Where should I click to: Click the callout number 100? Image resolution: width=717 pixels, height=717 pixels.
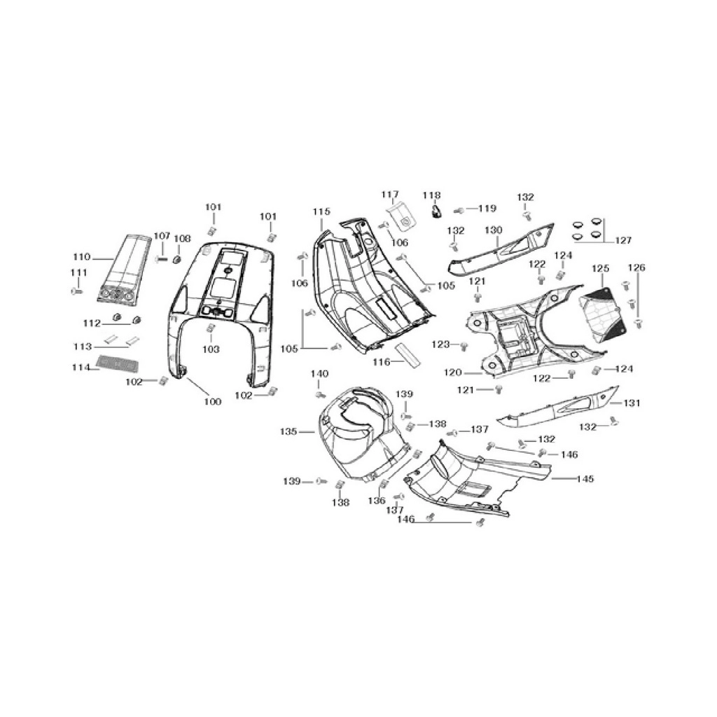pyautogui.click(x=212, y=401)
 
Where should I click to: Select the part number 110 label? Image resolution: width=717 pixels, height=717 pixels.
pyautogui.click(x=82, y=257)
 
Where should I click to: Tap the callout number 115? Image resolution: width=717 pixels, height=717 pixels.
pyautogui.click(x=321, y=211)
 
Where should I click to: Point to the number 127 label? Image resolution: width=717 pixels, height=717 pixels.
pyautogui.click(x=622, y=241)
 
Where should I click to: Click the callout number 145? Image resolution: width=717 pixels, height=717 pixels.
pyautogui.click(x=585, y=479)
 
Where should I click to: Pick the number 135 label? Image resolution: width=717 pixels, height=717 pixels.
pyautogui.click(x=288, y=431)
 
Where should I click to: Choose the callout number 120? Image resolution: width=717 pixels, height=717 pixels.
pyautogui.click(x=453, y=373)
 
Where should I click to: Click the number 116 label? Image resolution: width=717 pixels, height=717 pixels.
pyautogui.click(x=382, y=362)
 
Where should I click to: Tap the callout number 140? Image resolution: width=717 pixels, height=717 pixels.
pyautogui.click(x=319, y=374)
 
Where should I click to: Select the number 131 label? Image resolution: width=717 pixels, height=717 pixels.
pyautogui.click(x=632, y=403)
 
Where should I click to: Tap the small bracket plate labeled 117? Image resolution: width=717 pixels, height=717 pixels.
pyautogui.click(x=401, y=217)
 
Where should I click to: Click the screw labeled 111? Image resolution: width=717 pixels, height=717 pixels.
pyautogui.click(x=77, y=291)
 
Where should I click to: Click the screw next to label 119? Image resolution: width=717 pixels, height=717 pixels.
pyautogui.click(x=459, y=210)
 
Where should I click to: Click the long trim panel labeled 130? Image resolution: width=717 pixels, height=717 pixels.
pyautogui.click(x=501, y=248)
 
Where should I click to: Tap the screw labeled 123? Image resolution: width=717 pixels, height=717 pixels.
pyautogui.click(x=464, y=346)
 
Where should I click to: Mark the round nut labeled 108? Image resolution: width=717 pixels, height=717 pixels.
pyautogui.click(x=176, y=259)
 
